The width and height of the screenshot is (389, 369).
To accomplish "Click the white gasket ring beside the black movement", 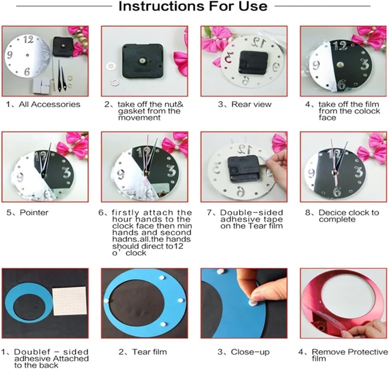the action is click(x=109, y=66).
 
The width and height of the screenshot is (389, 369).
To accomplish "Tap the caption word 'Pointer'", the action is click(x=34, y=213).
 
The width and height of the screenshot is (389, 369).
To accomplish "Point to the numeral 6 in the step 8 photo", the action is click(x=337, y=191).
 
